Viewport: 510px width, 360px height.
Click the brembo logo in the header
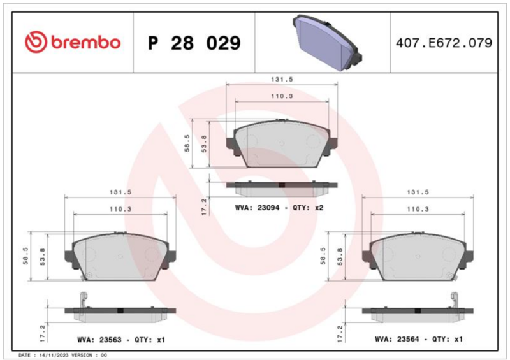73,42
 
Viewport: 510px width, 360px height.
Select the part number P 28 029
194,43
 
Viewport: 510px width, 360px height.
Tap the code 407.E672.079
444,43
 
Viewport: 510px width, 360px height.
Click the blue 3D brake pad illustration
327,43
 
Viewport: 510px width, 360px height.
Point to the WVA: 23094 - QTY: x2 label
279,208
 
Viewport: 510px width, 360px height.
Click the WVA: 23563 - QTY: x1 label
121,340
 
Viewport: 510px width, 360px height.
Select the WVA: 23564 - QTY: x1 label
419,339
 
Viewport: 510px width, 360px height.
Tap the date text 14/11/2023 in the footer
54,355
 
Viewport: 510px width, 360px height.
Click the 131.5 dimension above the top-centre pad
282,79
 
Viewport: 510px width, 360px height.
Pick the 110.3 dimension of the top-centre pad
282,96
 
